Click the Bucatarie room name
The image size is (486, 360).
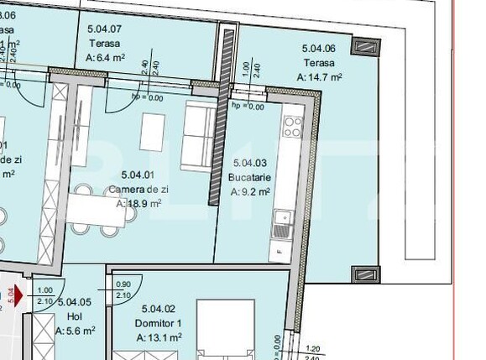(249, 178)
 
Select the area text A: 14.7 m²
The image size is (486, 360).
(318, 76)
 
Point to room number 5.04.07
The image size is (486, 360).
(105, 29)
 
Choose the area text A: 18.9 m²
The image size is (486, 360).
(138, 203)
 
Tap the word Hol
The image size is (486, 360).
(71, 318)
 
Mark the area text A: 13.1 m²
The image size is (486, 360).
(159, 337)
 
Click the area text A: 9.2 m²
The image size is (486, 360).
(250, 192)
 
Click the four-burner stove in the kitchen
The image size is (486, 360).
(293, 127)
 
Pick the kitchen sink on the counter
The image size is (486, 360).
(280, 222)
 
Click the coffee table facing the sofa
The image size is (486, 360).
(152, 130)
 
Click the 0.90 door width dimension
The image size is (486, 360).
(123, 284)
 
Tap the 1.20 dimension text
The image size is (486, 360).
(313, 348)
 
